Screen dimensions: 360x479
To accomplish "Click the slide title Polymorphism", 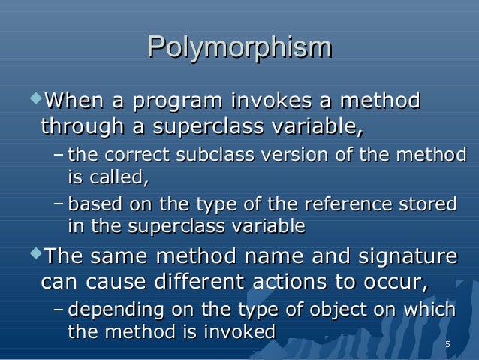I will [239, 48].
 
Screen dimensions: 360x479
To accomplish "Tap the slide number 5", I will [447, 345].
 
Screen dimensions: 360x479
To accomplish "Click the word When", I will [74, 100].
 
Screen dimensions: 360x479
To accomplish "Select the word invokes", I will [267, 100].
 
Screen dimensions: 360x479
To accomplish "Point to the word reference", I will [346, 204].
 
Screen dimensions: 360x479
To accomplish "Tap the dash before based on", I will [59, 204].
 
